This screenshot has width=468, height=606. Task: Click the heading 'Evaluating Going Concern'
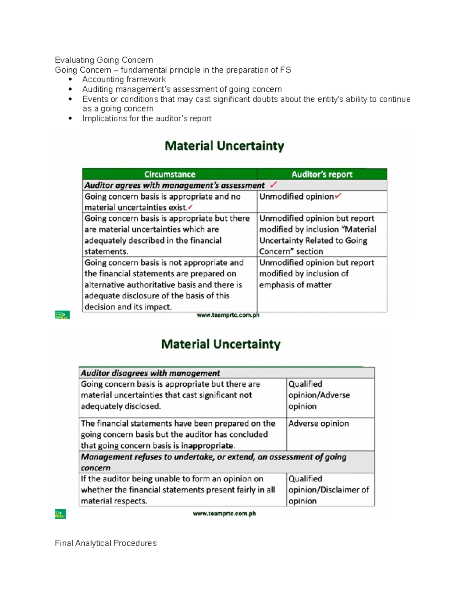tap(104, 60)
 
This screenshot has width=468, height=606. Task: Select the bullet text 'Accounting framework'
tap(124, 80)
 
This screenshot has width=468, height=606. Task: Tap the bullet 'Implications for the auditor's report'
tap(147, 119)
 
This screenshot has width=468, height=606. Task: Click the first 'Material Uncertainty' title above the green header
tap(224, 146)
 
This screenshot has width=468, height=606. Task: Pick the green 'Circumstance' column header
tap(170, 174)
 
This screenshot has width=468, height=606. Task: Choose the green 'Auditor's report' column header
tap(322, 174)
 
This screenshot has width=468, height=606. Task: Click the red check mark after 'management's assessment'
tap(274, 185)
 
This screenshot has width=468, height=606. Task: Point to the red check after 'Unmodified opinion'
tap(338, 196)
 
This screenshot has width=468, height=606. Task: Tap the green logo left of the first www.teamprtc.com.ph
tap(62, 315)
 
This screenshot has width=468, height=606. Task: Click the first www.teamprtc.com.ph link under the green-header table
tap(228, 315)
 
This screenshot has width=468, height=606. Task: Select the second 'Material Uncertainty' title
tap(221, 344)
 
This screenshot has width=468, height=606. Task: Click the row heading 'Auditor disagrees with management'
tap(150, 373)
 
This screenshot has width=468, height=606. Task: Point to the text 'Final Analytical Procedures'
tap(106, 543)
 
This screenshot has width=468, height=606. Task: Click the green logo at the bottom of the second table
tap(60, 514)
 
